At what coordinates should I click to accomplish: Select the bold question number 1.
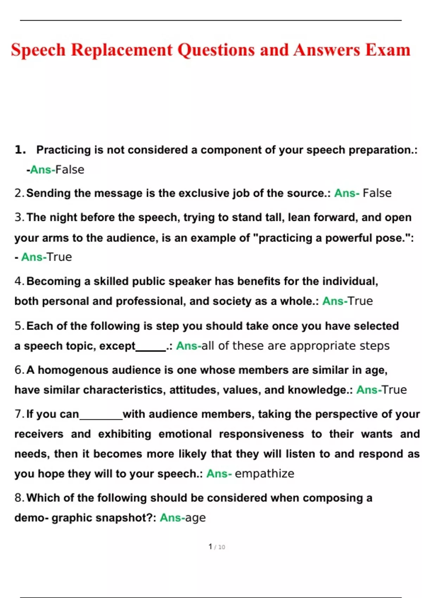(x=20, y=150)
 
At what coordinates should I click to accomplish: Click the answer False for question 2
(x=377, y=193)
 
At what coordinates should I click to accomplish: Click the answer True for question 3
(x=59, y=257)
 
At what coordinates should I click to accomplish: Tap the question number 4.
(x=19, y=281)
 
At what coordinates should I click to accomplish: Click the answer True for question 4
(x=360, y=301)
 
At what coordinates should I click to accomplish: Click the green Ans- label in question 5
(x=188, y=346)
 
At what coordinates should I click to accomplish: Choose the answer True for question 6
(x=394, y=390)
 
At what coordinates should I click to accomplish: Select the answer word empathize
(x=264, y=474)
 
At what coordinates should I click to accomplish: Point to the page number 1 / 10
(x=217, y=547)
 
